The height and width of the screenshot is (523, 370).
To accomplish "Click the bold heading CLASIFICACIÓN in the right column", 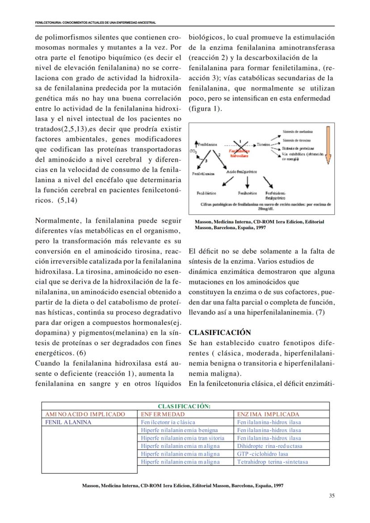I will click(220, 332).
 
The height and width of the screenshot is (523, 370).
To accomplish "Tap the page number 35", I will click(331, 495).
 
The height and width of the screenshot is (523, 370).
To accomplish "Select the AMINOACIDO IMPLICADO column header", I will click(84, 414).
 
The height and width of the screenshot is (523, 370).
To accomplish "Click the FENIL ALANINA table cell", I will click(68, 422).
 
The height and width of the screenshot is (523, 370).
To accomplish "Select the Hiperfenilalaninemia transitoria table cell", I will click(182, 438).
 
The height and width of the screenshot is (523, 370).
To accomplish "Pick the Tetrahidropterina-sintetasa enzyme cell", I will click(273, 462).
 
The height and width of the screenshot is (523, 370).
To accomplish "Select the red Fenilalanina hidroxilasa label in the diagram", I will click(239, 153).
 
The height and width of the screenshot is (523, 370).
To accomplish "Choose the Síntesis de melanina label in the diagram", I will click(298, 132).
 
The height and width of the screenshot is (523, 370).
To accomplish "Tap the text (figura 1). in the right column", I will click(205, 109).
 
